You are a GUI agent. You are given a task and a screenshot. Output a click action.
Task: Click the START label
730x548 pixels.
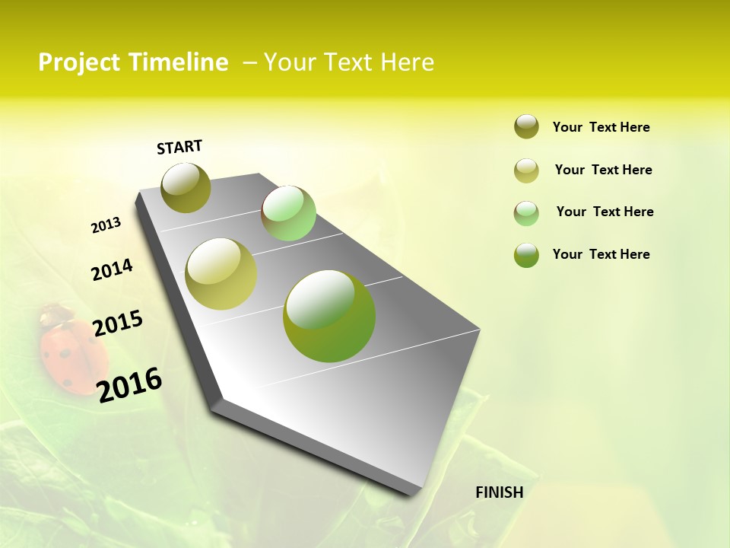pyautogui.click(x=179, y=147)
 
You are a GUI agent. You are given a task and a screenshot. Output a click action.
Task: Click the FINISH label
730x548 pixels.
pyautogui.click(x=499, y=492)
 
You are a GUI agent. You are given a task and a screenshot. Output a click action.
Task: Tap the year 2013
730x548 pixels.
pyautogui.click(x=106, y=225)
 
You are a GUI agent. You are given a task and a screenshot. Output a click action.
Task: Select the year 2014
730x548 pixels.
pyautogui.click(x=112, y=269)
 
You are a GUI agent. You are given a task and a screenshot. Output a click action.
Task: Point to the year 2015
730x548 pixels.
pyautogui.click(x=118, y=323)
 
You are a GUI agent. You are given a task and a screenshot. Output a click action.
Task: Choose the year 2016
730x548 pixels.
pyautogui.click(x=129, y=384)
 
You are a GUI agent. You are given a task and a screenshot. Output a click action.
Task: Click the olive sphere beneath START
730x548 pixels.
pyautogui.click(x=186, y=187)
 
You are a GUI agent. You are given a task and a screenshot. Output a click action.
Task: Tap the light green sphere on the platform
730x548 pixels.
pyautogui.click(x=288, y=213)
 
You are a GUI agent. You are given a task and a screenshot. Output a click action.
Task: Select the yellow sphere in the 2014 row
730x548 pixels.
pyautogui.click(x=221, y=274)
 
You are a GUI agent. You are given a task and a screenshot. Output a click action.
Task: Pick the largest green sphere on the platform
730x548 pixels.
pyautogui.click(x=329, y=316)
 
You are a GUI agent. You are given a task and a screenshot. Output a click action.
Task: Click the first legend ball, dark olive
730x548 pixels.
pyautogui.click(x=526, y=126)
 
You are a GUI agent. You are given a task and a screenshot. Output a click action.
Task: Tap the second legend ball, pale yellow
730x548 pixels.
pyautogui.click(x=526, y=170)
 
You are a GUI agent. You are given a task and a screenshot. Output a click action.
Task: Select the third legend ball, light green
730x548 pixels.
pyautogui.click(x=526, y=213)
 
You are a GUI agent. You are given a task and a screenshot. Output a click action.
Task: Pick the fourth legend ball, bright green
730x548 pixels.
pyautogui.click(x=526, y=255)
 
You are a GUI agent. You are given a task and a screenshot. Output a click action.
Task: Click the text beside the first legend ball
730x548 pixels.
pyautogui.click(x=601, y=127)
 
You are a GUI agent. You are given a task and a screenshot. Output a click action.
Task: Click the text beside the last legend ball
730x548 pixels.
pyautogui.click(x=601, y=254)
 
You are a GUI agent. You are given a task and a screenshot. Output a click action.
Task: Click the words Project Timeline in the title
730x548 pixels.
pyautogui.click(x=133, y=62)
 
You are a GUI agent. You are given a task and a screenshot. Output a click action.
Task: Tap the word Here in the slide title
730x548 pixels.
pyautogui.click(x=407, y=62)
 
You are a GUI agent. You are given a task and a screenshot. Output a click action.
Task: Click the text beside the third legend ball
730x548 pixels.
pyautogui.click(x=605, y=212)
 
